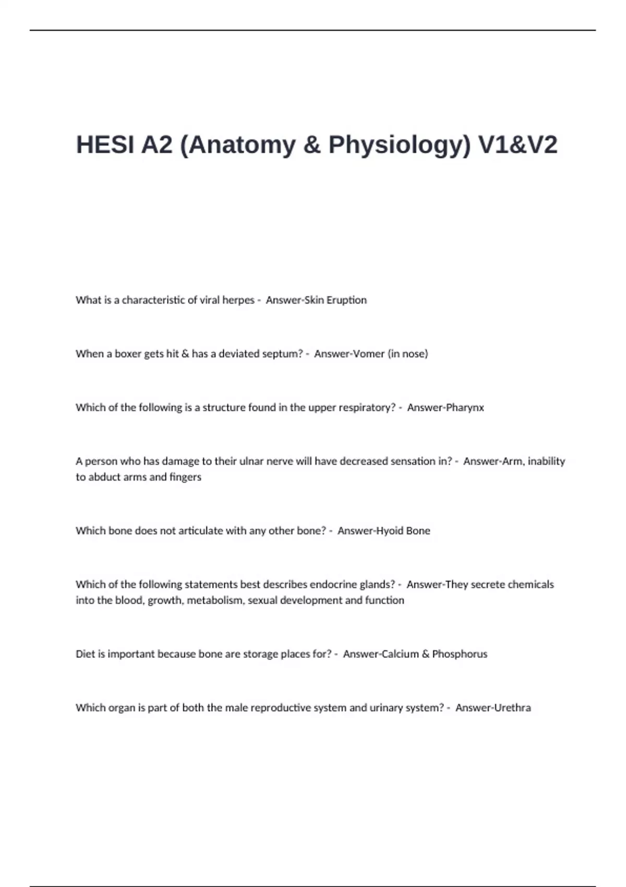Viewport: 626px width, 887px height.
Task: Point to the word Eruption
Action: click(x=347, y=300)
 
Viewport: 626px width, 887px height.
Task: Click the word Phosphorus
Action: click(x=460, y=654)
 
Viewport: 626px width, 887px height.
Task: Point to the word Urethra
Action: click(x=512, y=708)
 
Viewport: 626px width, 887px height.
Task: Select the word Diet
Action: click(x=85, y=654)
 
